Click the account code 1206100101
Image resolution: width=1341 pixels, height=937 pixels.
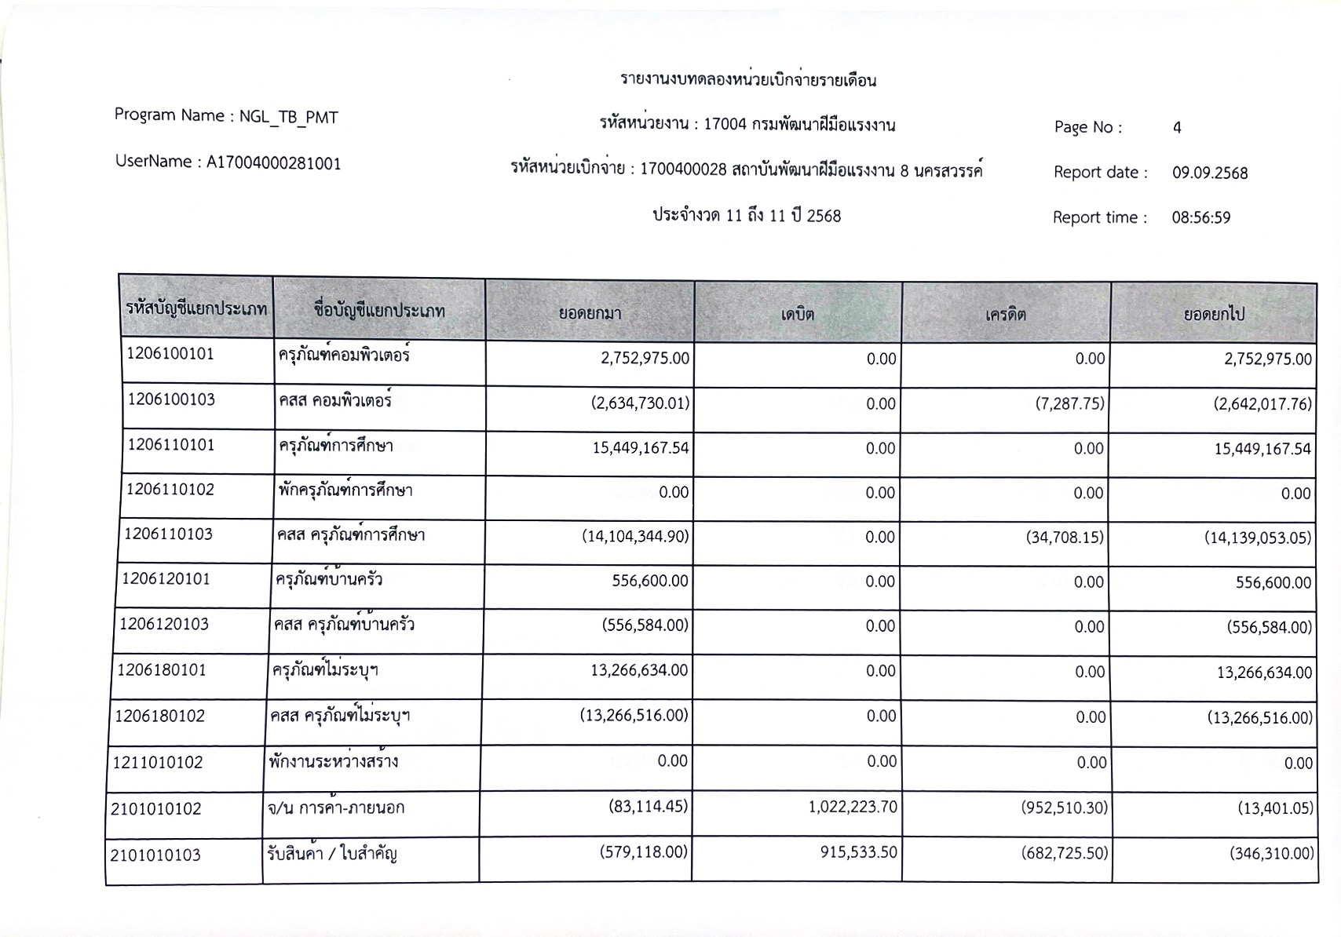[x=170, y=354]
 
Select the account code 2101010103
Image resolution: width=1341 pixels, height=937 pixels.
[x=155, y=855]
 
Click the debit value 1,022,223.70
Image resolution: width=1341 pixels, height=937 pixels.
[x=853, y=807]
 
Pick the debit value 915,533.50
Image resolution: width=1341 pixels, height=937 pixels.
[x=858, y=852]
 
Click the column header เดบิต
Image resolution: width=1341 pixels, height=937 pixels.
[x=798, y=315]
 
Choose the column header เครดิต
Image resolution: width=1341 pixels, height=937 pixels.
[x=1006, y=315]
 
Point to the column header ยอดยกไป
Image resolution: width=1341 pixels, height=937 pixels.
[x=1214, y=315]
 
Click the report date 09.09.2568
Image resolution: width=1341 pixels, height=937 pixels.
[x=1210, y=173]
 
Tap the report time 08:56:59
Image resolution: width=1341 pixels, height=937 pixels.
[x=1201, y=218]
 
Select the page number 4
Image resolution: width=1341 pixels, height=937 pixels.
[x=1177, y=128]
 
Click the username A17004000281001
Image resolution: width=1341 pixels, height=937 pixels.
[x=273, y=163]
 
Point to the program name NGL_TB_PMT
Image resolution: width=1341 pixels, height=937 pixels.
[x=288, y=118]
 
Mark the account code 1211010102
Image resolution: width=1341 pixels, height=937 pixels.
[x=158, y=763]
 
